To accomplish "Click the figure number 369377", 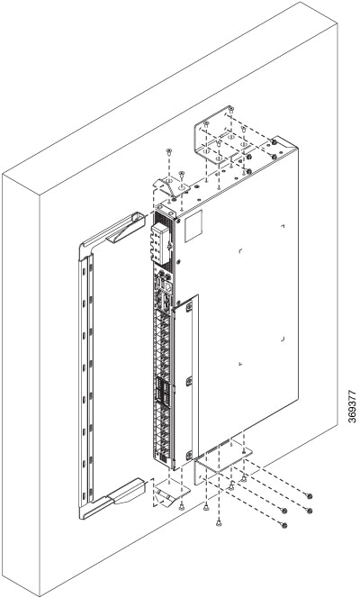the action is tap(353, 405).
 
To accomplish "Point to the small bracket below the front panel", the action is tap(172, 491).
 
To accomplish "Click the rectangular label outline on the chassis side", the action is tap(194, 225).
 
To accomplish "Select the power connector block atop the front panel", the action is tap(161, 244).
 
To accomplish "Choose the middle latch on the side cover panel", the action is tap(189, 382).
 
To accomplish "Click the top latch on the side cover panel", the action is tap(189, 306).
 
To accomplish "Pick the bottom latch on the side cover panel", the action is tap(189, 456).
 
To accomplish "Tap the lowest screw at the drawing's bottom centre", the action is tap(219, 523).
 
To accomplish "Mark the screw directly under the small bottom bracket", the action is tap(181, 506).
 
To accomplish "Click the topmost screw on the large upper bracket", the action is tap(231, 110).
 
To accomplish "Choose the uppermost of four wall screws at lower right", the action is tap(310, 496).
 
